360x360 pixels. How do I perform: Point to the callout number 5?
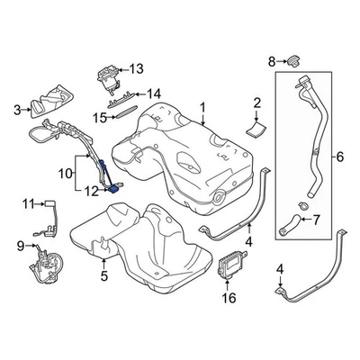[x=104, y=276]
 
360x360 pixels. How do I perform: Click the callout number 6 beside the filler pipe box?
[x=339, y=157]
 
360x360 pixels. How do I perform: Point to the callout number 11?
[x=27, y=202]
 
